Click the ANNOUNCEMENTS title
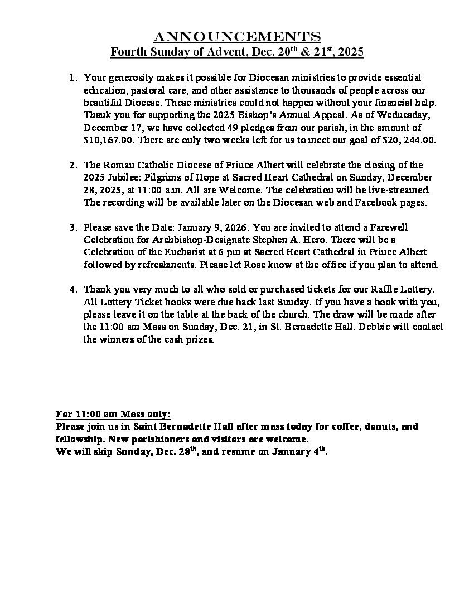[x=237, y=37]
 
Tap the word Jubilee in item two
[x=125, y=177]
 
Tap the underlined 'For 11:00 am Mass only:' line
[x=113, y=414]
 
